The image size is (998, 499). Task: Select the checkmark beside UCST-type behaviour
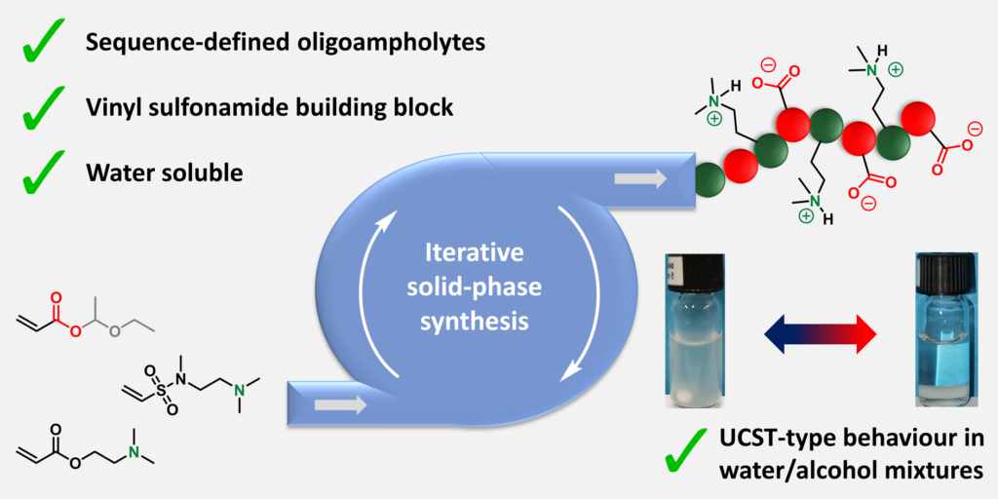coord(689,450)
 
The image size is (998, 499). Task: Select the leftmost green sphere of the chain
coord(711,178)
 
